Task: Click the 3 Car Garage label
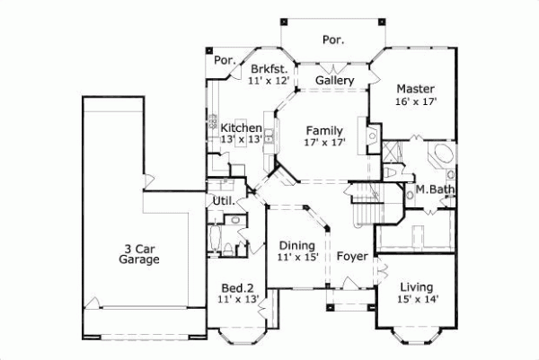click(138, 253)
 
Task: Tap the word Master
click(415, 89)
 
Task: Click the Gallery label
click(334, 81)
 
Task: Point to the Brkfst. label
click(269, 68)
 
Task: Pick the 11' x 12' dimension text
click(269, 81)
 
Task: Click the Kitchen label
click(242, 128)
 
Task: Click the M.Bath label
click(433, 189)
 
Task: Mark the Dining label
click(296, 245)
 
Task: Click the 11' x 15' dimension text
click(296, 258)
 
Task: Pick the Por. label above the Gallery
click(334, 39)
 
